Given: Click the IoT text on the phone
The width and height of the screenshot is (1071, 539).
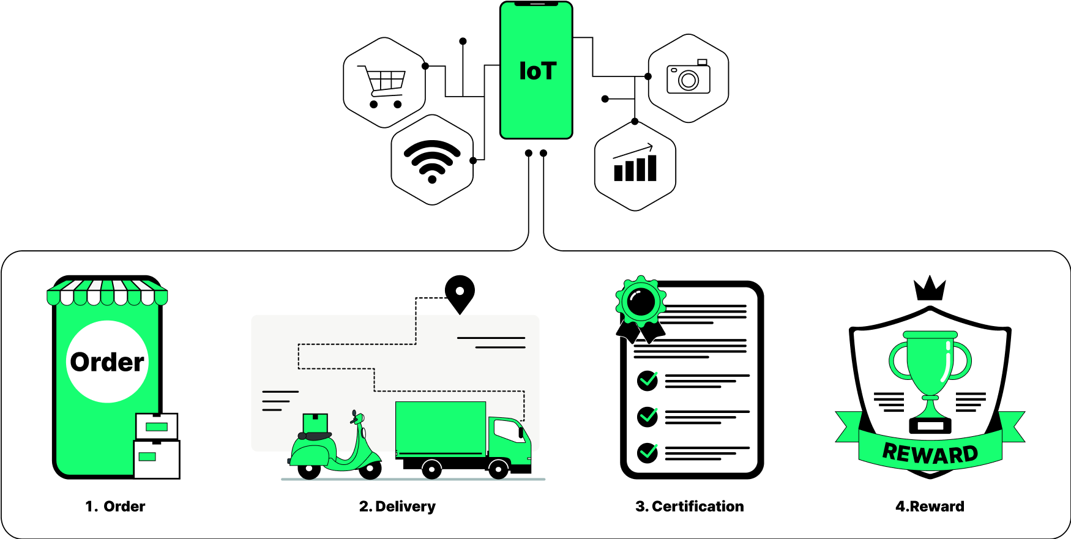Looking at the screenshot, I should (x=537, y=71).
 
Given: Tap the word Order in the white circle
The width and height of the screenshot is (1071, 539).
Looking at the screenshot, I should (x=107, y=362).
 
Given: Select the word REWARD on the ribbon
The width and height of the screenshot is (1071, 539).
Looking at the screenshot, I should (x=930, y=454).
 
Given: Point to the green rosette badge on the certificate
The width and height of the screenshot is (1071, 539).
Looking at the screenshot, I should (x=641, y=301).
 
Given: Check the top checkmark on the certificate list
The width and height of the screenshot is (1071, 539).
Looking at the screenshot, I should (x=647, y=381).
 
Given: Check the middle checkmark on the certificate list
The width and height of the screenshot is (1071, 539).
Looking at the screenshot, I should (x=647, y=417).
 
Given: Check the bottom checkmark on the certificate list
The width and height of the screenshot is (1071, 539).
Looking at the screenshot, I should (x=647, y=453).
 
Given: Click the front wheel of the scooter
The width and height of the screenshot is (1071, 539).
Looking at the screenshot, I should (x=370, y=469).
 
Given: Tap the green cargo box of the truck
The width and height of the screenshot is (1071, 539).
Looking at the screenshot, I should (x=441, y=428).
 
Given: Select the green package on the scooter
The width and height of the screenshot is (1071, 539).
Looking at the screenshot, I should (x=315, y=423).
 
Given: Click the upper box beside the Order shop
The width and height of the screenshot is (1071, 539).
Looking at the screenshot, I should (x=157, y=426).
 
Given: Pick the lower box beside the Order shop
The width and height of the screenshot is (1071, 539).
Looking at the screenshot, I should (x=156, y=459).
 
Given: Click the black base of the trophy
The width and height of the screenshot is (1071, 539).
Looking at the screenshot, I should (x=930, y=425).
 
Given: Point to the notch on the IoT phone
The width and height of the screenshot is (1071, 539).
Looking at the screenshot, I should (x=536, y=4).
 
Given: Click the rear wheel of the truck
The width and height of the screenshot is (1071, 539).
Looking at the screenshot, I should (x=432, y=469).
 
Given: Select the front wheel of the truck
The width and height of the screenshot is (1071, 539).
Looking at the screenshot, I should (x=498, y=469).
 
